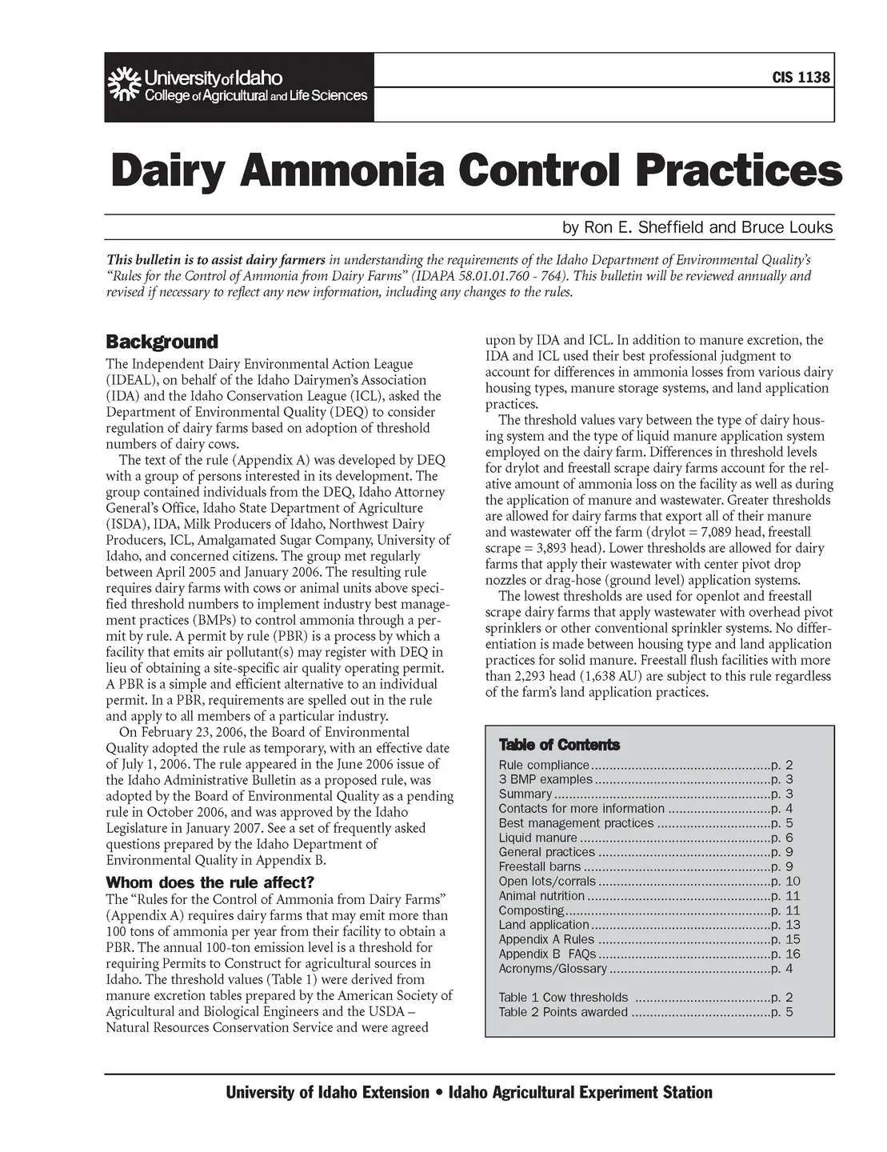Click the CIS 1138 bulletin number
pyautogui.click(x=801, y=78)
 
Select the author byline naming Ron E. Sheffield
pyautogui.click(x=697, y=228)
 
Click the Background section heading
pyautogui.click(x=162, y=342)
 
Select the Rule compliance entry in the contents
pyautogui.click(x=543, y=766)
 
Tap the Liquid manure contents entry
pyautogui.click(x=537, y=838)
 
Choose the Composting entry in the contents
pyautogui.click(x=531, y=910)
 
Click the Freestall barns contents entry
pyautogui.click(x=540, y=866)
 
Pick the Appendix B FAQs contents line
pyautogui.click(x=548, y=954)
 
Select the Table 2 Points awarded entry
pyautogui.click(x=563, y=1012)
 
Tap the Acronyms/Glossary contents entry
pyautogui.click(x=552, y=969)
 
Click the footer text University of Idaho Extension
pyautogui.click(x=328, y=1093)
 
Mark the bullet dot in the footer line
pyautogui.click(x=439, y=1093)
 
